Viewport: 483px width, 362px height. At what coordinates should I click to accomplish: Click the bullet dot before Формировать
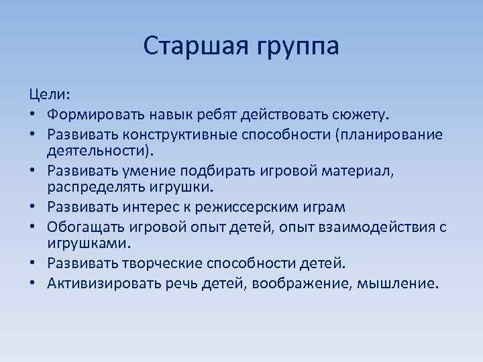coord(33,117)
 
